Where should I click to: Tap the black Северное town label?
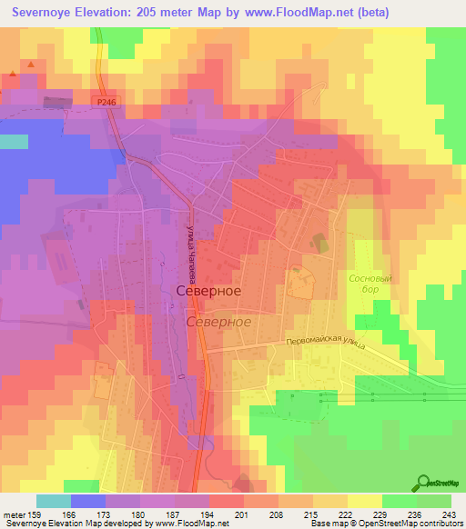(208, 290)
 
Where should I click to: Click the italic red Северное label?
(218, 323)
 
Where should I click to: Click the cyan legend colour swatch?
(53, 501)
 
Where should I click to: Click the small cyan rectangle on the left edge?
(13, 141)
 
